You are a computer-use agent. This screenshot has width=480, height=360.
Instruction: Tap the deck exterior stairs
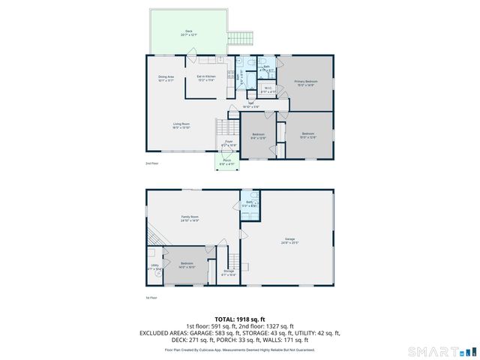pos(241,37)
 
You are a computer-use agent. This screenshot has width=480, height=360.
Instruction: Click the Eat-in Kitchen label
pos(205,79)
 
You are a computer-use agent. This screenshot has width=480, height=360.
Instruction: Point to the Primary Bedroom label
pos(305,82)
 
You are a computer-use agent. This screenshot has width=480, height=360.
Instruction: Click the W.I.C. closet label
pos(268,90)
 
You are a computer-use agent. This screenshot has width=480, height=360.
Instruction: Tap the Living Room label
pos(181,125)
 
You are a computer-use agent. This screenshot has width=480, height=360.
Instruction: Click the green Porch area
pos(226,161)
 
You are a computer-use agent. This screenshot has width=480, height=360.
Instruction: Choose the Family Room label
pos(189,219)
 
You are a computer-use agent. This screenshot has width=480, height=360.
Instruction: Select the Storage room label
pos(229,274)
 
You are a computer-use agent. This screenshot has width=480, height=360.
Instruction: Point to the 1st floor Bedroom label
pos(187,265)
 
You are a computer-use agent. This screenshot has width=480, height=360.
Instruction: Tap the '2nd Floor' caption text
pos(152,163)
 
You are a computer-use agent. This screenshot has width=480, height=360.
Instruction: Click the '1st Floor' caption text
pos(152,298)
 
